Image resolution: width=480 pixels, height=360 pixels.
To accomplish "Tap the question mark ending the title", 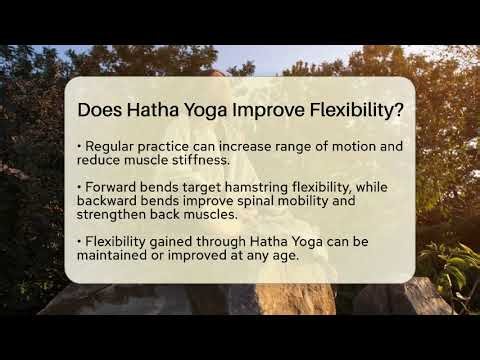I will click(x=399, y=110).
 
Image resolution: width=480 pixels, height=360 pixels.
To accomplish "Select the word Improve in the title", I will click(x=273, y=110).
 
